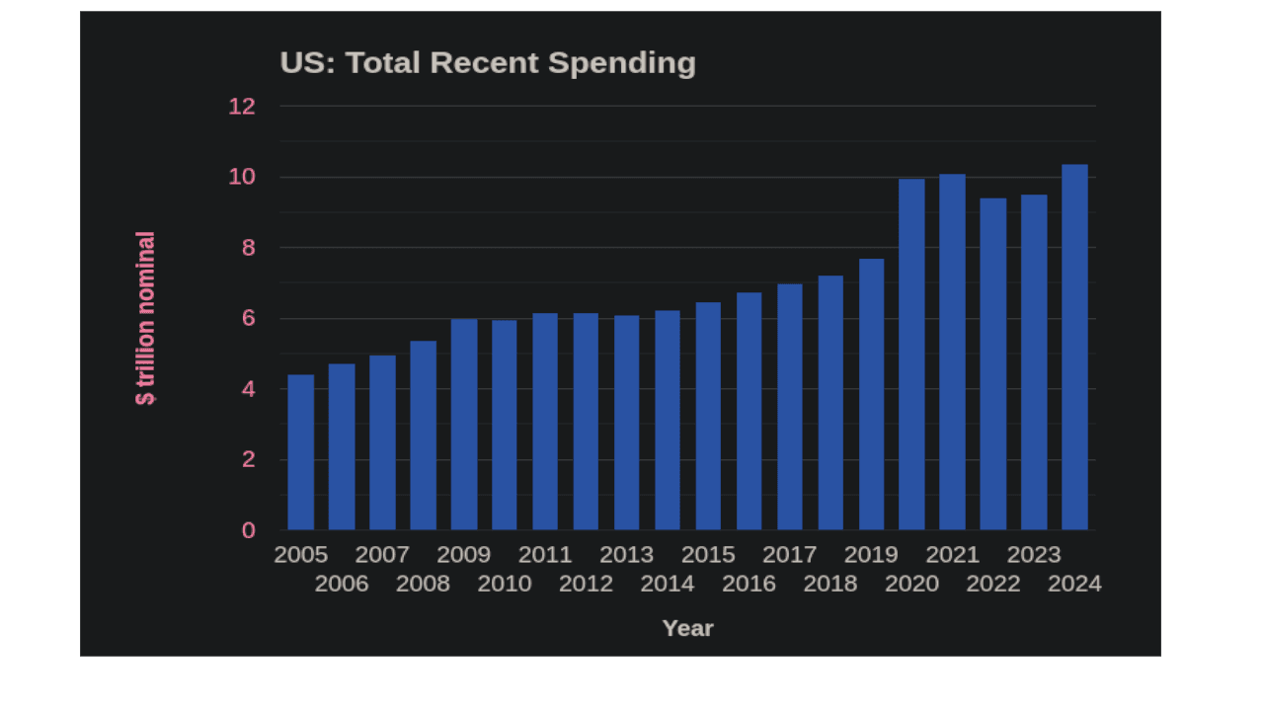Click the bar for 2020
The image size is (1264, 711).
pos(911,355)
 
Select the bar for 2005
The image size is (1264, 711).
pos(300,452)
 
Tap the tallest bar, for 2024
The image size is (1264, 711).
pos(1074,348)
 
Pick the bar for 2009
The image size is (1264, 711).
pos(464,425)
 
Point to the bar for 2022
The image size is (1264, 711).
pos(992,364)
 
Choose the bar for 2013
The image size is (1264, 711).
pos(626,423)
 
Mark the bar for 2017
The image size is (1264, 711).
pos(789,407)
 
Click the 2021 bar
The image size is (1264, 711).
pos(952,353)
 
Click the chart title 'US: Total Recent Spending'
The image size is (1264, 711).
pos(488,63)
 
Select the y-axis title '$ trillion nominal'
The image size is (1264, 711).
pos(145,318)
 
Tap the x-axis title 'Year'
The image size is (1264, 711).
pos(687,628)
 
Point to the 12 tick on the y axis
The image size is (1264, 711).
pos(242,107)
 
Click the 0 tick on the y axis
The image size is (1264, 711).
pos(248,530)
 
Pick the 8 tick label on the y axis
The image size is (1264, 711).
pos(248,248)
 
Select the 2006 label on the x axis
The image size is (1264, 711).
pos(342,584)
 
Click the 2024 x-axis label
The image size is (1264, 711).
pos(1074,584)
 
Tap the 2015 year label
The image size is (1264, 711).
pos(708,554)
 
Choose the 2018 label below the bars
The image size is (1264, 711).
pos(829,584)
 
